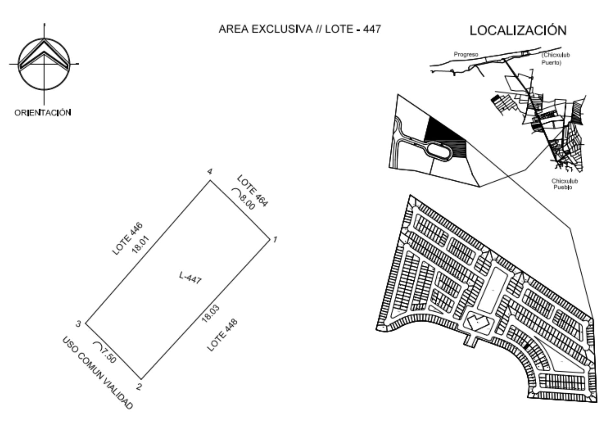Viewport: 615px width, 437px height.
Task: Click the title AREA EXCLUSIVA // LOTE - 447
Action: (x=300, y=29)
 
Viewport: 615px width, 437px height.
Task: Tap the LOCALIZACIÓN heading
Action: (x=518, y=30)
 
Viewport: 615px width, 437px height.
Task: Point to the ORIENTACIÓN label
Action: (x=43, y=113)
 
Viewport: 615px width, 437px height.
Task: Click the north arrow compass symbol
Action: (x=44, y=64)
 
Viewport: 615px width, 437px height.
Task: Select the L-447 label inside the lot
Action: (x=190, y=278)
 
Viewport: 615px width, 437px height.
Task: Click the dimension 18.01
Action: (x=140, y=245)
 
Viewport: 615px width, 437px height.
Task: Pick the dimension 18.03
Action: (x=210, y=313)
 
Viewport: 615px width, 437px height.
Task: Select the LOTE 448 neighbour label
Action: (x=222, y=335)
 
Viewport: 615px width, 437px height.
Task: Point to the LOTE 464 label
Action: (x=253, y=191)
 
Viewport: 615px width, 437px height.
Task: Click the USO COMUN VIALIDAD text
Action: (x=97, y=373)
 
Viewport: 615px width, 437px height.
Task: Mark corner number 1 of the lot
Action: (x=270, y=240)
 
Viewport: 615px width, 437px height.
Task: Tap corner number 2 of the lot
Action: (x=141, y=379)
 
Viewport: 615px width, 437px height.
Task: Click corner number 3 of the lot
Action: (x=85, y=323)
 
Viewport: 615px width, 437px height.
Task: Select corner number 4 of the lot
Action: (x=211, y=180)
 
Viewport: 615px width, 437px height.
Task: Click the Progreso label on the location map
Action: (x=466, y=54)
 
